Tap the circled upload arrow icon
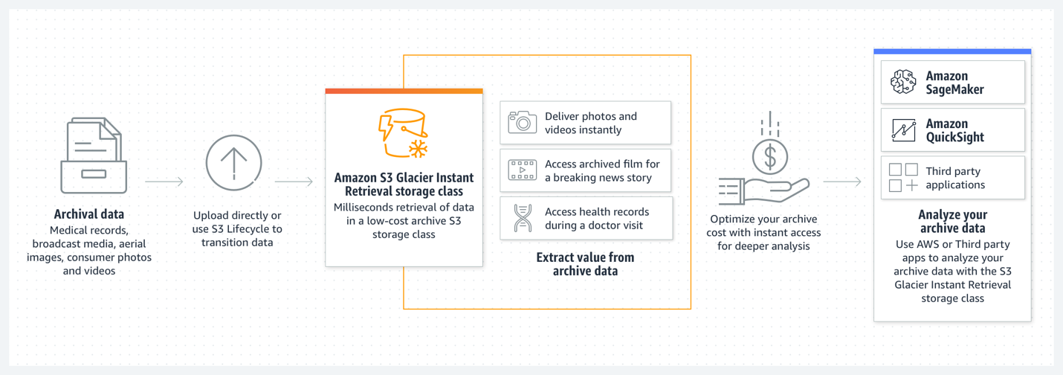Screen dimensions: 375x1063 click(x=233, y=162)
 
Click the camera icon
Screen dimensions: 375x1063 click(x=523, y=123)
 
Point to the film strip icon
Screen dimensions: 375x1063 click(x=523, y=170)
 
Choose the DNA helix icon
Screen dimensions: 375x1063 click(x=523, y=218)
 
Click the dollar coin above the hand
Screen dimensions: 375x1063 click(x=770, y=157)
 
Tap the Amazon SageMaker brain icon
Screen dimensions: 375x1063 click(x=903, y=83)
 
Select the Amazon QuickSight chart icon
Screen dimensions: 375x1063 click(x=903, y=130)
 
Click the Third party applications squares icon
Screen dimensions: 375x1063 click(x=903, y=178)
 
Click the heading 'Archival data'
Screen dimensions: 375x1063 click(x=89, y=214)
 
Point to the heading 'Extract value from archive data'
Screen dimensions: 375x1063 click(x=585, y=264)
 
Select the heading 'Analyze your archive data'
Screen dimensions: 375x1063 click(x=952, y=222)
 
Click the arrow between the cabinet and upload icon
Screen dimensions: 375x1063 click(x=164, y=182)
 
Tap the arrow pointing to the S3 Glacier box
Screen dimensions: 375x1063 click(x=294, y=182)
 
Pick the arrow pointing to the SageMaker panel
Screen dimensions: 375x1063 click(x=842, y=182)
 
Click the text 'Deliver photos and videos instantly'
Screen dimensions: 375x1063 click(x=591, y=123)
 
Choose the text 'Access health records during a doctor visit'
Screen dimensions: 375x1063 click(x=597, y=218)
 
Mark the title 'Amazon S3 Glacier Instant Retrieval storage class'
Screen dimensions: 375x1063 click(x=404, y=185)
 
